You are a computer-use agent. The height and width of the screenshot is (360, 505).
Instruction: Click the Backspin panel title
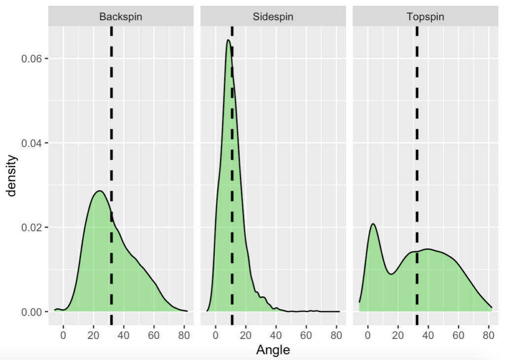tap(121, 17)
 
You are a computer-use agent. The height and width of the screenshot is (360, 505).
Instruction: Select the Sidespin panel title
tap(273, 17)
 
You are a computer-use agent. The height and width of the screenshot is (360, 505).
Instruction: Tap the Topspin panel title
tap(425, 17)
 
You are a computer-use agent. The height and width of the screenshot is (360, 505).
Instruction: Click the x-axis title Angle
tap(273, 350)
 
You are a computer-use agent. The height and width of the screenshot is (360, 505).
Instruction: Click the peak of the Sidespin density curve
tap(228, 40)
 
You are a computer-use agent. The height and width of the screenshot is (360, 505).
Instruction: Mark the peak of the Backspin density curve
tap(99, 191)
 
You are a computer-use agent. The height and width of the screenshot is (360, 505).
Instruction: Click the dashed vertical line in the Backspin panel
tap(111, 123)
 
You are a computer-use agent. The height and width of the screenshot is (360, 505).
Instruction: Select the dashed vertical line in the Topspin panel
tap(417, 123)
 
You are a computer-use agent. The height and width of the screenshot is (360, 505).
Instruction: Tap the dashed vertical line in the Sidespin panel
tap(232, 148)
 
